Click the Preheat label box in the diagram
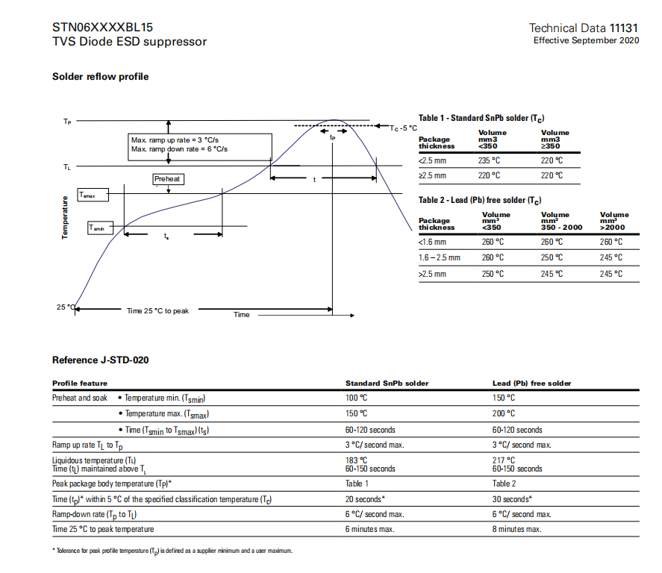(x=168, y=179)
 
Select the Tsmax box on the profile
(x=92, y=195)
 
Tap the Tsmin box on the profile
(x=100, y=228)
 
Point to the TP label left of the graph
(x=67, y=121)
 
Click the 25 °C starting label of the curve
(x=65, y=307)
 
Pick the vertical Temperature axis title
(x=65, y=218)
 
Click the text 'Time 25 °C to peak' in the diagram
(x=157, y=310)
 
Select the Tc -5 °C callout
(x=404, y=128)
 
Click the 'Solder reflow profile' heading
(x=100, y=77)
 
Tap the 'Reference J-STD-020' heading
(x=100, y=360)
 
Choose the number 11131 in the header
(x=624, y=28)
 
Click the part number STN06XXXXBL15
(x=102, y=28)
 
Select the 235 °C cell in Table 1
(x=488, y=160)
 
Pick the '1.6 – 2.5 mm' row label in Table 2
(x=440, y=257)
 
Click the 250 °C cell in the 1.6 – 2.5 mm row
(x=552, y=257)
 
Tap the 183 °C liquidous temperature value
(x=356, y=460)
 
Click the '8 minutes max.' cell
(x=516, y=529)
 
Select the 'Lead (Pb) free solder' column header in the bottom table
(x=531, y=383)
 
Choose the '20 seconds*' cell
(x=365, y=499)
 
